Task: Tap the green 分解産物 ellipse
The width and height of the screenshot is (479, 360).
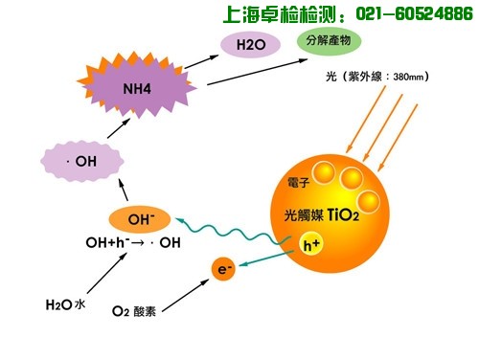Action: pyautogui.click(x=330, y=42)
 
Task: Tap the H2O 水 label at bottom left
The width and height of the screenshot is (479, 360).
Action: pyautogui.click(x=65, y=305)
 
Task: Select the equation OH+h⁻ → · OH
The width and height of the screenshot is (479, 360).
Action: pyautogui.click(x=132, y=242)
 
